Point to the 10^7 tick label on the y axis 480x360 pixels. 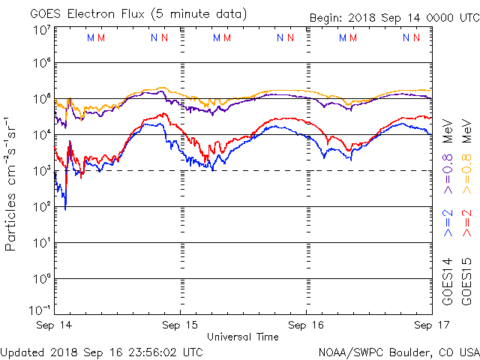click(40, 30)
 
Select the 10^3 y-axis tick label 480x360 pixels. click(40, 172)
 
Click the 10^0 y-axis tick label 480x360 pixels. click(40, 279)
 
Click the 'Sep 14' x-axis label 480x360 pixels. click(55, 325)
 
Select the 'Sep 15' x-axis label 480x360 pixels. click(181, 325)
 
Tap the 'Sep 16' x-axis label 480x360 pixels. click(306, 325)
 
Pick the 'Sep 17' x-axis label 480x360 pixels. click(431, 325)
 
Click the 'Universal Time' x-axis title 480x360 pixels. click(243, 337)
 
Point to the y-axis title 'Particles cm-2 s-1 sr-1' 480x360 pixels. click(11, 183)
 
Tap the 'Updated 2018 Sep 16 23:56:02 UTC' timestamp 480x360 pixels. click(102, 351)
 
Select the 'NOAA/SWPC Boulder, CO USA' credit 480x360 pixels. click(398, 351)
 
